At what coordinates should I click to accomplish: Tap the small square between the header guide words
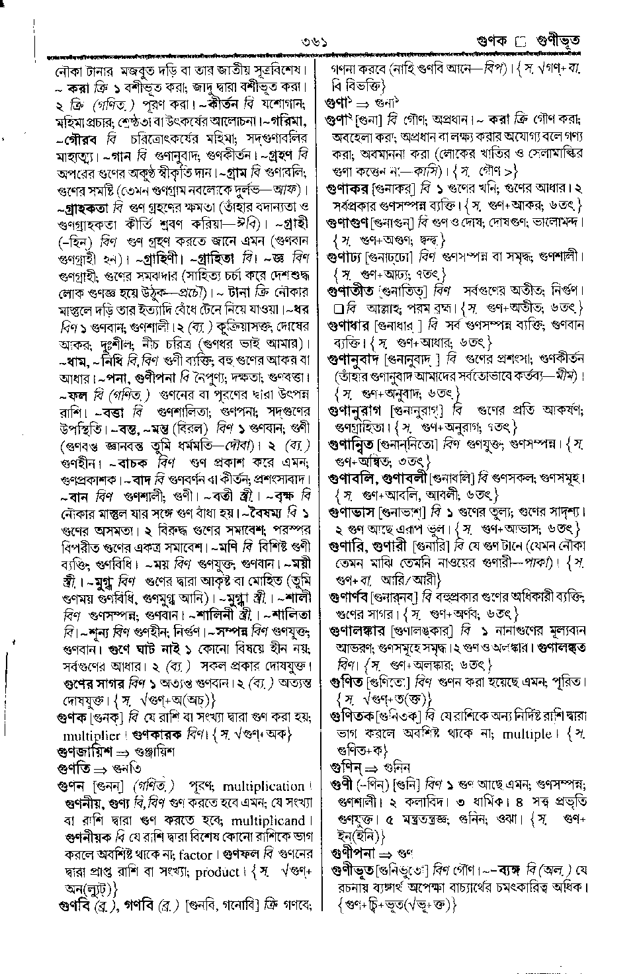point(519,42)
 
